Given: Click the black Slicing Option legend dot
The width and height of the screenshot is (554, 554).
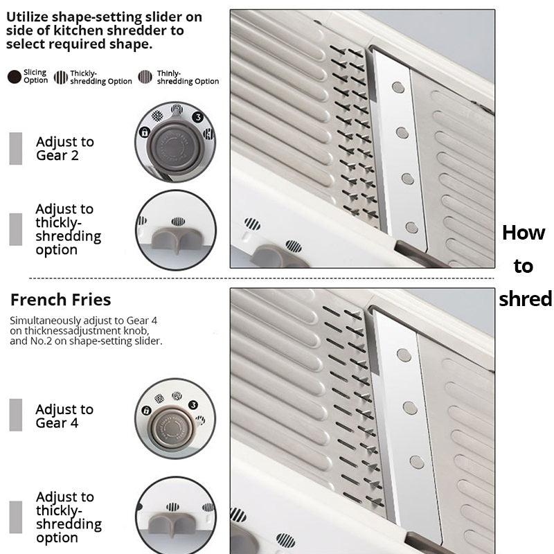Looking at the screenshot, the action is pos(15,77).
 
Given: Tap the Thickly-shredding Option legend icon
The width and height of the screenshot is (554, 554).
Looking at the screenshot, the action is pos(61,77).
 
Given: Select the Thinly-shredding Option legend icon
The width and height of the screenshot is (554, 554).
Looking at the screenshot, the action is pos(145,77).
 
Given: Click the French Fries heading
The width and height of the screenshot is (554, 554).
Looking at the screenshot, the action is pos(60,300).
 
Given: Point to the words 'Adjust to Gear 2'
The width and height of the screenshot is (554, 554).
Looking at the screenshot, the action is pos(65,148).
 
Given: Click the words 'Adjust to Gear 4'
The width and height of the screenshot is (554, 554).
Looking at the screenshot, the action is pos(64,416).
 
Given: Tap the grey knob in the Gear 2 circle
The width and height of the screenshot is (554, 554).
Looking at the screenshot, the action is pos(175,146).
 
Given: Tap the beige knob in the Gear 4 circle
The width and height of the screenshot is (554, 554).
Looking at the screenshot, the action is pos(172,428).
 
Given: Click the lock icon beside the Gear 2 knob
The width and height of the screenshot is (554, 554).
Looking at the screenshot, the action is pos(144,132).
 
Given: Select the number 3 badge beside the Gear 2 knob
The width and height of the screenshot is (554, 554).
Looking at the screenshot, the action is pos(198,117).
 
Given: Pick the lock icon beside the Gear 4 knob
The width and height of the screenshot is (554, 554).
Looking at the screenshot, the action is pos(146,411).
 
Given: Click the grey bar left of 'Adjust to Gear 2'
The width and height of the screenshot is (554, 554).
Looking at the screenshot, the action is pos(15,148).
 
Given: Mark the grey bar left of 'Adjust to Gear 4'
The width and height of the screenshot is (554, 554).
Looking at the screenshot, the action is pos(15,415).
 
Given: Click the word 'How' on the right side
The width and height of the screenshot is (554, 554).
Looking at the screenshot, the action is pos(524,233).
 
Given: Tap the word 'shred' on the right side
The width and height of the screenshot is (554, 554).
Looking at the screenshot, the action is pos(526,299).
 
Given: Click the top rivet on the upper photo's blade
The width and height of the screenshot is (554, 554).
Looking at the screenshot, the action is pos(398,87).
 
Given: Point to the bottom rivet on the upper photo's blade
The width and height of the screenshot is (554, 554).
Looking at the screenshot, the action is pos(411,228).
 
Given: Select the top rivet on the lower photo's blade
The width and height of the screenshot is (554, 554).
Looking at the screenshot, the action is pos(404,355).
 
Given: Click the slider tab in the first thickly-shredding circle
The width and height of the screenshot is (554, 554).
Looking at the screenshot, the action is pos(176,239).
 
